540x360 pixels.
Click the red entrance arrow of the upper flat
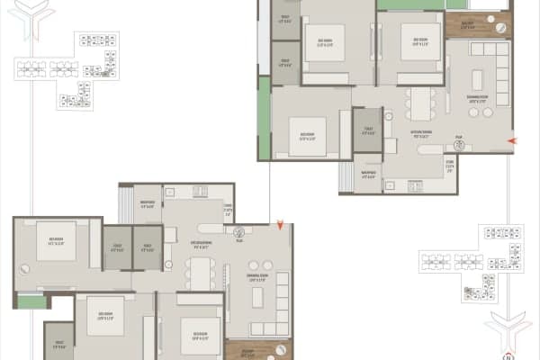tap(512, 141)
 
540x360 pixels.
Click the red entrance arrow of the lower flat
tap(281, 223)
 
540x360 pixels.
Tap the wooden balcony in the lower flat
tap(258, 350)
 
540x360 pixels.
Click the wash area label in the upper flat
tap(367, 175)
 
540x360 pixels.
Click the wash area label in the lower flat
tap(148, 203)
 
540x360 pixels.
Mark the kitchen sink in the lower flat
tap(197, 192)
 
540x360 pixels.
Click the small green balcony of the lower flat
tap(30, 301)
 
